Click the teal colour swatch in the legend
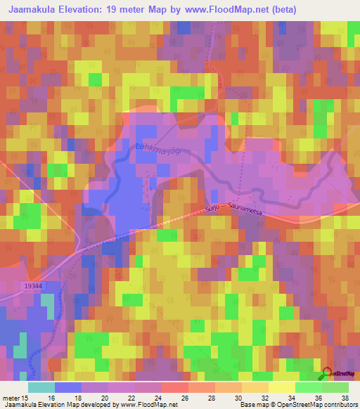41,387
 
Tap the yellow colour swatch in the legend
282,387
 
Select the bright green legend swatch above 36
308,387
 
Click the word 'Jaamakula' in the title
33,9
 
